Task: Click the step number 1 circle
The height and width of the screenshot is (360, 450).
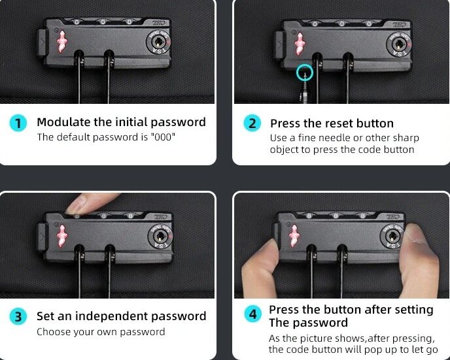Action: point(18,123)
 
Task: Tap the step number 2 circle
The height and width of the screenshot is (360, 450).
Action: point(252,123)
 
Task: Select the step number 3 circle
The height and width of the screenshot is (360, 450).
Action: point(18,317)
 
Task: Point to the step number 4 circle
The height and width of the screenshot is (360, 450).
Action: point(253,314)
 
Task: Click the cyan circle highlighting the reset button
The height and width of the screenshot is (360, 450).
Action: point(305,72)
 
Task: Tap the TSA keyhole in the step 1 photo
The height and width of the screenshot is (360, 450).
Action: point(158,42)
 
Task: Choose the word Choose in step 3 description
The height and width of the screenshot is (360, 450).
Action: point(54,332)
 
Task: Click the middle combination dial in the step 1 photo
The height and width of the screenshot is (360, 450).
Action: point(103,22)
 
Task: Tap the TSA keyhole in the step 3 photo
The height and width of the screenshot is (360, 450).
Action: point(160,236)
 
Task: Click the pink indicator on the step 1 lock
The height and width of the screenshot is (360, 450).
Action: point(62,41)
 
